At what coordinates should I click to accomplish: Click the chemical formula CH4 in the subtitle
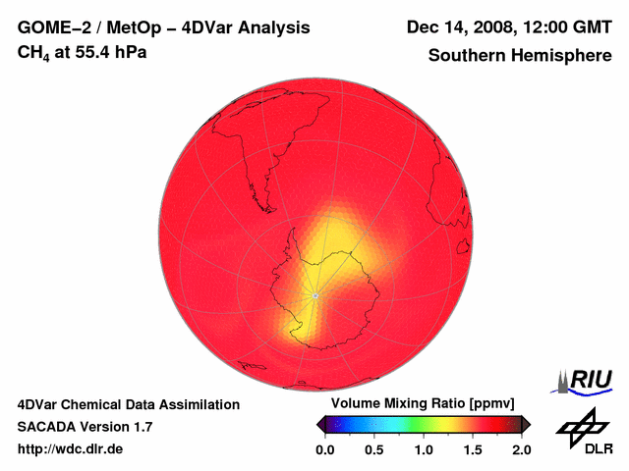point(32,53)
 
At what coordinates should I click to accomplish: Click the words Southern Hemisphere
point(520,56)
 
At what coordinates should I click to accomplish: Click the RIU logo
point(585,379)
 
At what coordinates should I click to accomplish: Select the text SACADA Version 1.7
point(85,427)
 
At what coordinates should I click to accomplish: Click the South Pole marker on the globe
point(314,294)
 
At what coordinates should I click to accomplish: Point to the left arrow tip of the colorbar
point(318,424)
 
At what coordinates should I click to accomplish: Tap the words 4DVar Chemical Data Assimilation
point(128,404)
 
